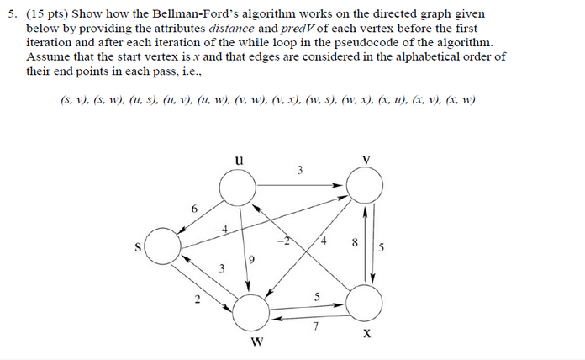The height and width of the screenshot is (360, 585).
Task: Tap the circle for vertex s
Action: (x=166, y=246)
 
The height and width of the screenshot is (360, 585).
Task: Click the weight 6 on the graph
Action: (x=194, y=208)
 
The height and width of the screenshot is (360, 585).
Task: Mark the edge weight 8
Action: (x=355, y=243)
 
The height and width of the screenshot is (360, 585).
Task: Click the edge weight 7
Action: (x=316, y=328)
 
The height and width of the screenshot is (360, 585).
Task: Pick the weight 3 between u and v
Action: (x=300, y=171)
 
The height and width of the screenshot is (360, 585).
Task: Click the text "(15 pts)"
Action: (x=45, y=14)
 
